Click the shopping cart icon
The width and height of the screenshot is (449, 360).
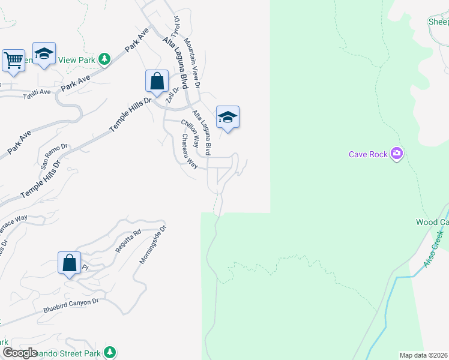(13, 60)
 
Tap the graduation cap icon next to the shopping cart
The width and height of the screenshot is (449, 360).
(44, 53)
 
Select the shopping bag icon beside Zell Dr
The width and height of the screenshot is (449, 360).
(157, 81)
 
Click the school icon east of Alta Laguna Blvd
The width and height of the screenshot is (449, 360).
(228, 117)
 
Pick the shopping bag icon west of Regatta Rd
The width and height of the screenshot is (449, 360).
(70, 263)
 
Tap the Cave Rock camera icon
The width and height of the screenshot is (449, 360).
(396, 154)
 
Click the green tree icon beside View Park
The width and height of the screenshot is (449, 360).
(105, 59)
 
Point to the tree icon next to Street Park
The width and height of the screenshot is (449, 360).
(109, 352)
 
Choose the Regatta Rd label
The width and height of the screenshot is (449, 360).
(128, 241)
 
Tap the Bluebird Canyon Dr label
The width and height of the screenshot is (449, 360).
(70, 306)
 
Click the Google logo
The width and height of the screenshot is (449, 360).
(20, 353)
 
